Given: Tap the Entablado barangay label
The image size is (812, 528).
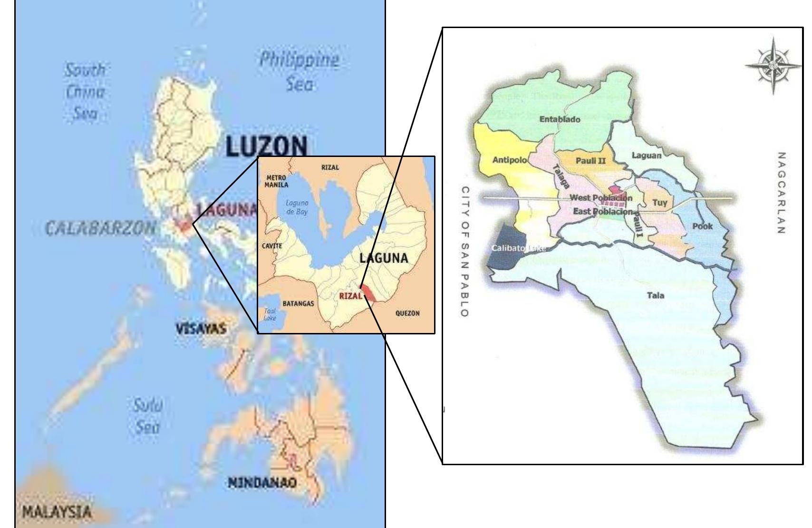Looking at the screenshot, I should click(x=560, y=119).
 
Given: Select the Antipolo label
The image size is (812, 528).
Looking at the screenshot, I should click(x=509, y=160).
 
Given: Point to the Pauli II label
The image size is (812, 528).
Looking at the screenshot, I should click(x=590, y=161).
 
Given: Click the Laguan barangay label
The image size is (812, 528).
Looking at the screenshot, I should click(x=646, y=155).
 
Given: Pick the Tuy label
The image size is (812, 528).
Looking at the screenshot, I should click(x=659, y=203).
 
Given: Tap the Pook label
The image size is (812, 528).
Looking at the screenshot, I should click(x=702, y=226).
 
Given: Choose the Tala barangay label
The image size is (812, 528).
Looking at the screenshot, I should click(x=656, y=295).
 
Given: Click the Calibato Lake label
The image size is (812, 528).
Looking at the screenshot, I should click(x=518, y=248).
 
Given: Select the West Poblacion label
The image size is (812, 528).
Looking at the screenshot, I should click(x=601, y=197).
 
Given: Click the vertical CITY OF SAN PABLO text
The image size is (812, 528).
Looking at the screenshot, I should click(x=466, y=251).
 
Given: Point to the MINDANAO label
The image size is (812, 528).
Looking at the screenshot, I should click(x=261, y=483).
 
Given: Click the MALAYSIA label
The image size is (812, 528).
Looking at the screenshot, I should click(x=56, y=512).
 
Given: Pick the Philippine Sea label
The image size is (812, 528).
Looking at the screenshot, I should click(x=300, y=71).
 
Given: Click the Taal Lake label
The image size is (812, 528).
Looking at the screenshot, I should click(x=270, y=314).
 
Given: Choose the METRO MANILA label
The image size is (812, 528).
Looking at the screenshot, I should click(x=276, y=181).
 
